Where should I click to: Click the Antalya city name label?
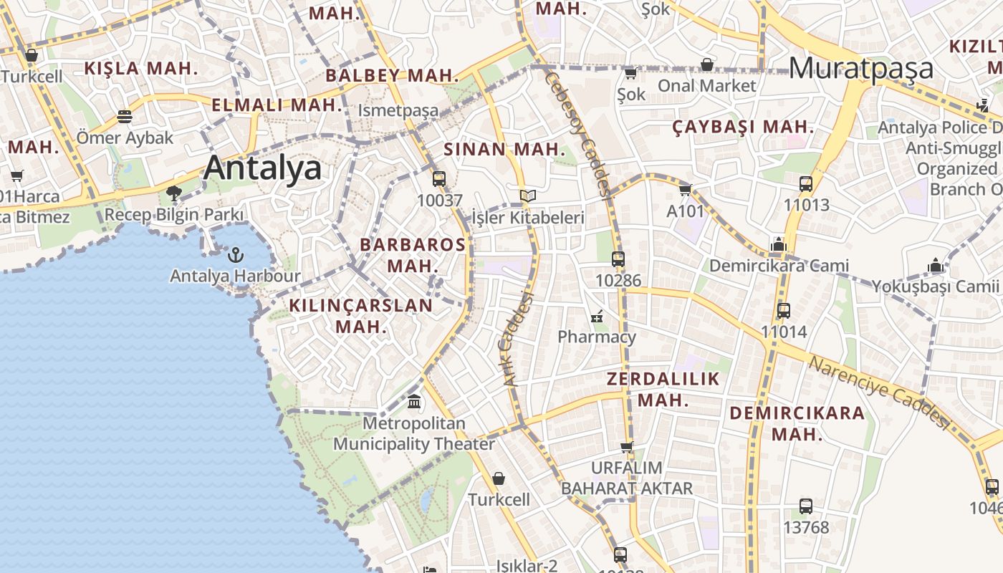click(262, 168)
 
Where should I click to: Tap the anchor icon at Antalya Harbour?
click(234, 254)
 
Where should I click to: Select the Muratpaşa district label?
click(861, 68)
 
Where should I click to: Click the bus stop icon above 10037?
click(439, 179)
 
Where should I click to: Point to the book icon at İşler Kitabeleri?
click(528, 196)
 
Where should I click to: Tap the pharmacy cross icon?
click(596, 316)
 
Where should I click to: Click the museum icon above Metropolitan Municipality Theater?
click(414, 402)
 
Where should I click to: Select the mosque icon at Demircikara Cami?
click(779, 245)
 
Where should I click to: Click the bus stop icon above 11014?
click(784, 311)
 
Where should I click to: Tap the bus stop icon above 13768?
click(806, 506)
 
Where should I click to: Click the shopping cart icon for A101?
click(685, 190)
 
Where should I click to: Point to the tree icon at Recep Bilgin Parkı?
click(173, 193)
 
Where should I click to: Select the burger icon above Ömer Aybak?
click(125, 116)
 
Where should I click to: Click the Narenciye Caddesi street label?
click(878, 393)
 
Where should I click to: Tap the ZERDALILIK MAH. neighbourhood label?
click(663, 389)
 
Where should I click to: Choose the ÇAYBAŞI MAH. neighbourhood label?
click(743, 127)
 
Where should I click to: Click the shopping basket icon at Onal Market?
click(707, 65)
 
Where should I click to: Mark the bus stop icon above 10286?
click(618, 259)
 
